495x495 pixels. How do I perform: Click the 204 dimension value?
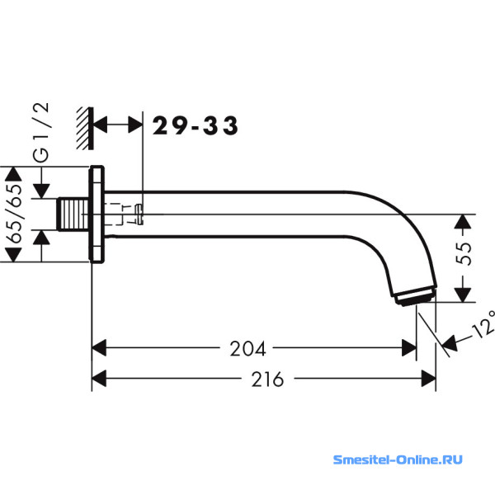[x=247, y=348]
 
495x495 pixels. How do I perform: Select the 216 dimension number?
[x=267, y=379]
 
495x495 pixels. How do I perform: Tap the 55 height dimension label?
[x=464, y=253]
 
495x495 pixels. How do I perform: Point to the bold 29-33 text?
[x=195, y=125]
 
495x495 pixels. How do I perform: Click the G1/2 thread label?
[x=41, y=132]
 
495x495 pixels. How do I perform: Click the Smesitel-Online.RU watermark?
[x=398, y=460]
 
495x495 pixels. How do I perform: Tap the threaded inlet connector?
[x=73, y=214]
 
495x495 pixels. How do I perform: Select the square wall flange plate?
[x=97, y=214]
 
